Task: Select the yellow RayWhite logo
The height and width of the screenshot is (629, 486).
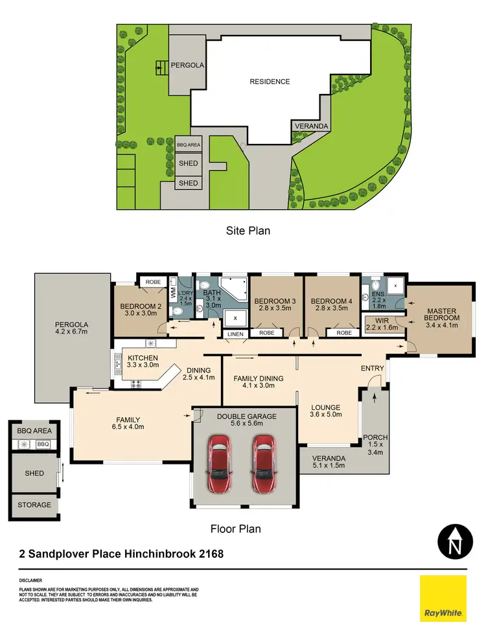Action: [x=443, y=599]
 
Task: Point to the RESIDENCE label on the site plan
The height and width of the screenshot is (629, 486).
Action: [x=270, y=82]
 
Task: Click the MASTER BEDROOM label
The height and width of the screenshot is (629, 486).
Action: [x=441, y=314]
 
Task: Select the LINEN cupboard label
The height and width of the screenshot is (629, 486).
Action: [x=234, y=334]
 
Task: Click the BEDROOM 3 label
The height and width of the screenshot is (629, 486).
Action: [x=275, y=301]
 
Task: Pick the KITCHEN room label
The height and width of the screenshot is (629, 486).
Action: [x=143, y=358]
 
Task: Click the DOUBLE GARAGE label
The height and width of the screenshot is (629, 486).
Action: [x=246, y=417]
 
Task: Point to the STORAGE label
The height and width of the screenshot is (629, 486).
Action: [x=34, y=505]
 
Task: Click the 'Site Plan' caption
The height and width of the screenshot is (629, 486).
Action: [x=248, y=230]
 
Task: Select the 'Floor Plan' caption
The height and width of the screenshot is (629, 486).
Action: [x=235, y=529]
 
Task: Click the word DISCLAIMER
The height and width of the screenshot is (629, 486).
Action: [x=30, y=580]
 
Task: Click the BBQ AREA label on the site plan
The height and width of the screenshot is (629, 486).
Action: [x=189, y=145]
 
